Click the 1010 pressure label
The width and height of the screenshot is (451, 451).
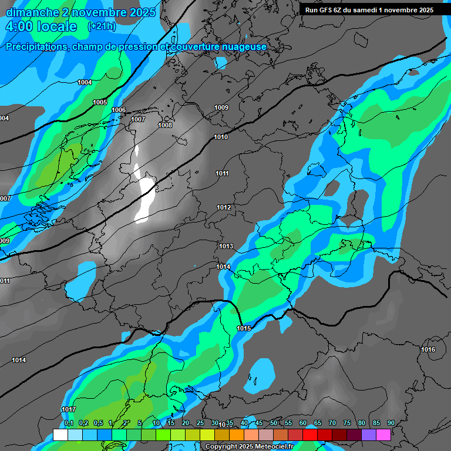click(221, 137)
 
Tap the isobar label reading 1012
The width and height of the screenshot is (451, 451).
click(224, 208)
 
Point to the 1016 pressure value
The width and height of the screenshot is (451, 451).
click(428, 350)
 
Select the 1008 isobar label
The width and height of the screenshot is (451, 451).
click(165, 125)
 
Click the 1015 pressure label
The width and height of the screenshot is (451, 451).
click(244, 328)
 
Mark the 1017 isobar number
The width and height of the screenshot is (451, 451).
click(69, 409)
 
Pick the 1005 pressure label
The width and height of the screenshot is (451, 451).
click(100, 102)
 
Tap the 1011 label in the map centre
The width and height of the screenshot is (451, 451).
click(222, 173)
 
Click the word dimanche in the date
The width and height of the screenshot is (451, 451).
click(32, 12)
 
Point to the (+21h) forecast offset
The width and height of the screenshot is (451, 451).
click(102, 26)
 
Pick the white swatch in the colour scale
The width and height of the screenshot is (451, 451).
click(60, 435)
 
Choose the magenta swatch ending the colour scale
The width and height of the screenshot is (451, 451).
click(383, 435)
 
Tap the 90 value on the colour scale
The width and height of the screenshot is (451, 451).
click(391, 423)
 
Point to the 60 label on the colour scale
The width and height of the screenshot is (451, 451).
click(303, 423)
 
